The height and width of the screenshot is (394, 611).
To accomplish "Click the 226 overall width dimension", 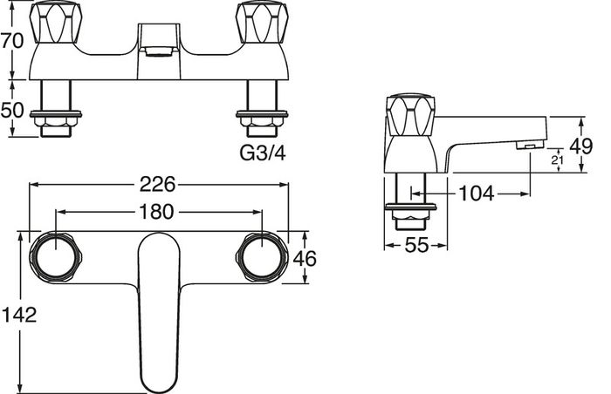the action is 158,184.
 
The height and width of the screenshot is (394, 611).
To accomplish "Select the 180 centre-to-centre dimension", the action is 156,212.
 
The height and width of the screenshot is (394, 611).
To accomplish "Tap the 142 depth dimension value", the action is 19,315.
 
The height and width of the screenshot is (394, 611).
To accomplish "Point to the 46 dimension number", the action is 305,259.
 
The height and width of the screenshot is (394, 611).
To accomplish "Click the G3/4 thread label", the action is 262,153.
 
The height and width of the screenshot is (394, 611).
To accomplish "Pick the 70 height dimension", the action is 12,40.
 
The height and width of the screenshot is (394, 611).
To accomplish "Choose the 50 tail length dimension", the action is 12,111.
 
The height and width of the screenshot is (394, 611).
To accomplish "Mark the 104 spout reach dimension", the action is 477,194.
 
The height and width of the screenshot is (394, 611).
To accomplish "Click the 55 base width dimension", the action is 416,245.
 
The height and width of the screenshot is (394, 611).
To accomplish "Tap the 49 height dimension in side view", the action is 581,146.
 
